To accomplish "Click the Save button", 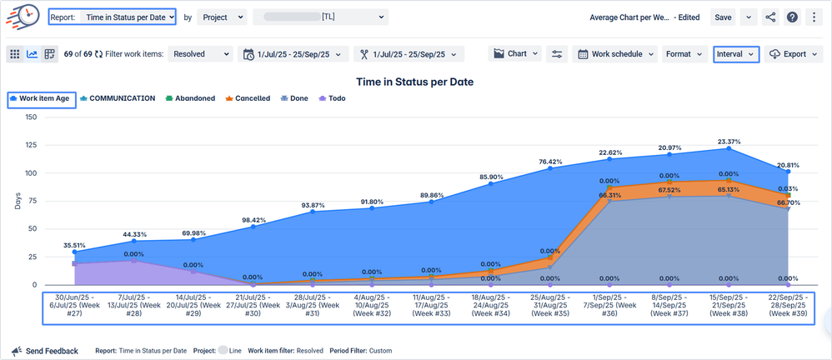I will pyautogui.click(x=723, y=17).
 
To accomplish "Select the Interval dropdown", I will pyautogui.click(x=736, y=54).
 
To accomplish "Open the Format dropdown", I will pyautogui.click(x=684, y=54).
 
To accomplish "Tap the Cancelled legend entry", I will pyautogui.click(x=248, y=98).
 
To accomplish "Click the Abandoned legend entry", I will pyautogui.click(x=191, y=98).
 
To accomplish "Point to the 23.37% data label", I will pyautogui.click(x=729, y=142).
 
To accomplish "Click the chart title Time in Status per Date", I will pyautogui.click(x=414, y=82).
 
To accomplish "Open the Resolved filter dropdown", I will pyautogui.click(x=200, y=54).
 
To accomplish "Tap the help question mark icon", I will pyautogui.click(x=792, y=17).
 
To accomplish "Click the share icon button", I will pyautogui.click(x=769, y=17).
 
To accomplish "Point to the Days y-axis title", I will pyautogui.click(x=18, y=202).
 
